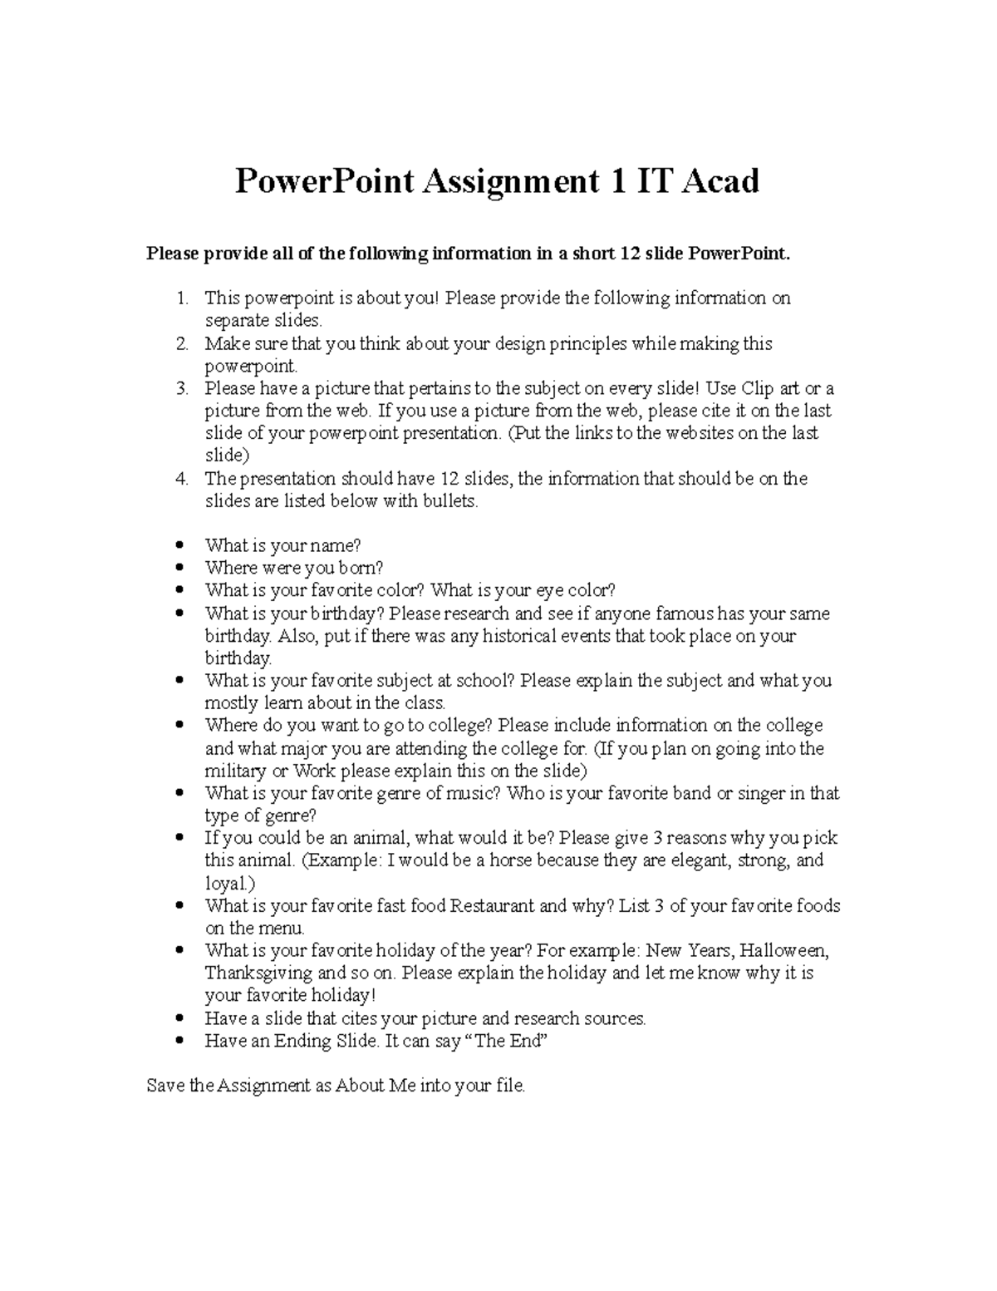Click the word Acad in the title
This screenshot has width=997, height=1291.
point(720,181)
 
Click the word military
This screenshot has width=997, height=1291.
point(235,771)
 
